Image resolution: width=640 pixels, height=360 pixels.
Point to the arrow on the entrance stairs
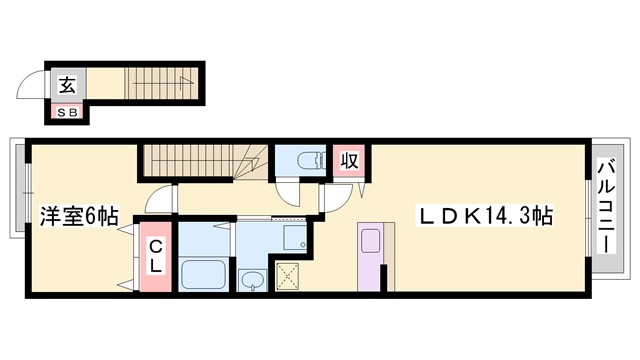[183, 79]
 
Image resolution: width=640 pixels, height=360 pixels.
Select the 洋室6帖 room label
[79, 214]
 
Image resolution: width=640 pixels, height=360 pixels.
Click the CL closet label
[156, 257]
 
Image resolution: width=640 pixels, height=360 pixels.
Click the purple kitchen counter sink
[368, 243]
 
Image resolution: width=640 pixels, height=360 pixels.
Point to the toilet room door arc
[291, 192]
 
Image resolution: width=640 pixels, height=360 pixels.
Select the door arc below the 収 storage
[335, 199]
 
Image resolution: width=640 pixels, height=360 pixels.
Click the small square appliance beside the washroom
[294, 237]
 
